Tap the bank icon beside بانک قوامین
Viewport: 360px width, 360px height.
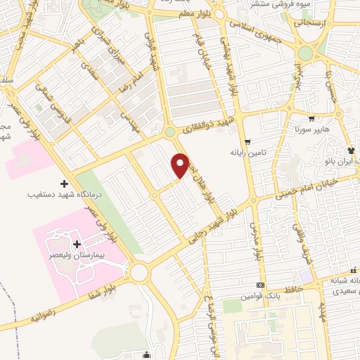point(262,285)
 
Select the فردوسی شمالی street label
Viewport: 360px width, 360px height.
point(48,105)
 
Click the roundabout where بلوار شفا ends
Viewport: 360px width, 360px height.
point(139,271)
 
